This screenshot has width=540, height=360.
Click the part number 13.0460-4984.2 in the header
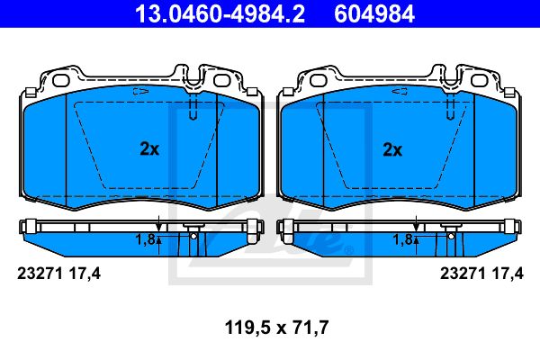(220, 14)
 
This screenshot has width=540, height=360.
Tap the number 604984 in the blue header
(374, 14)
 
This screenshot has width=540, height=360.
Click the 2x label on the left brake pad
(149, 149)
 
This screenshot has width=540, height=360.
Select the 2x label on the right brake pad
(392, 150)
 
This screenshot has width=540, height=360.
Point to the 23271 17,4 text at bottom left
(58, 274)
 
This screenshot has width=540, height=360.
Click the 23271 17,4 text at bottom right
(481, 274)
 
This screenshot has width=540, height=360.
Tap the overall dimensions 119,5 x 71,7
(276, 328)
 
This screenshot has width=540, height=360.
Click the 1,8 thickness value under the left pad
(145, 239)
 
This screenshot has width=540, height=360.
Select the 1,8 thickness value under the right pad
(402, 239)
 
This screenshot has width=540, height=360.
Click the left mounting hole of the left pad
(61, 81)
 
